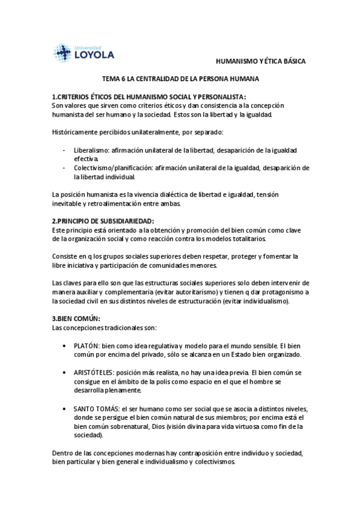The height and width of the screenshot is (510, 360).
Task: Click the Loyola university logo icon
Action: click(63, 53)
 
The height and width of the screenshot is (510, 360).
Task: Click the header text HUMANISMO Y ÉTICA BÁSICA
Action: click(261, 62)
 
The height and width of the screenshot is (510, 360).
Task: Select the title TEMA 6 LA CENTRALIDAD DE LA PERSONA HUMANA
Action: click(180, 79)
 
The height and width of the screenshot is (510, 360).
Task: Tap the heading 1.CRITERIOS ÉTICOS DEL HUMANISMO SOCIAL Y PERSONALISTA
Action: click(149, 97)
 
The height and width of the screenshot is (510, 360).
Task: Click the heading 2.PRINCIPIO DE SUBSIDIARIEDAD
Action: click(103, 221)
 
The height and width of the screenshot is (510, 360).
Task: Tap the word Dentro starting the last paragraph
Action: click(63, 453)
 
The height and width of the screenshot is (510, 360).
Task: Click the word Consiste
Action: click(65, 256)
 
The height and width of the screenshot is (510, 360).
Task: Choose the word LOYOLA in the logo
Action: click(93, 55)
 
